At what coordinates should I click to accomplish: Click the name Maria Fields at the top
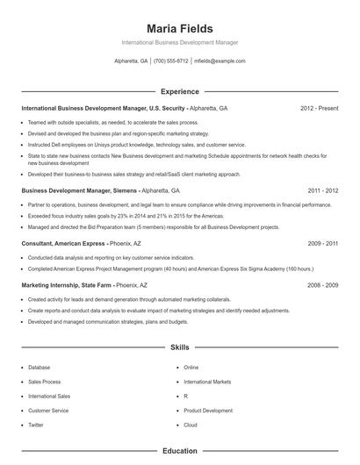click(179, 29)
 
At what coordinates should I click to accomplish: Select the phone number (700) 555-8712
click(170, 61)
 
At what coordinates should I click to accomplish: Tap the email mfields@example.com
click(219, 61)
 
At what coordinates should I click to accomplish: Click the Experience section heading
click(179, 91)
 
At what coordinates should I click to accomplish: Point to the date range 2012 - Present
click(319, 109)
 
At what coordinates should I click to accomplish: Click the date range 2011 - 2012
click(322, 190)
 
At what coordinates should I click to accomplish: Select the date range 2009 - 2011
click(322, 243)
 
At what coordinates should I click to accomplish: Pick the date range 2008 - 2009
click(322, 285)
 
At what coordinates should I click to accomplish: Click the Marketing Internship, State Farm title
click(67, 285)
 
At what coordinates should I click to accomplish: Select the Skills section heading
click(179, 348)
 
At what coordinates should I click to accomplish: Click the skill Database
click(39, 368)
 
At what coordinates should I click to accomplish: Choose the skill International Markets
click(207, 382)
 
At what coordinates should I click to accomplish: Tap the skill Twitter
click(36, 425)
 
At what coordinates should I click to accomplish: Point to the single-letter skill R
click(186, 397)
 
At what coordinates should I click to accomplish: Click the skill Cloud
click(191, 425)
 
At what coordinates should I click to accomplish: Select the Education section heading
click(179, 451)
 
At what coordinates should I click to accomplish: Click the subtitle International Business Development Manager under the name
click(179, 42)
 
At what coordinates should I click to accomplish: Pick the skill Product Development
click(208, 411)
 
